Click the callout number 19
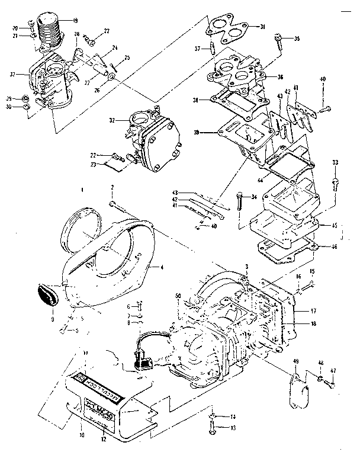pyautogui.click(x=75, y=21)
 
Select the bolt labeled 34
pyautogui.click(x=239, y=204)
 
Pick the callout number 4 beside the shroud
pyautogui.click(x=161, y=267)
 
